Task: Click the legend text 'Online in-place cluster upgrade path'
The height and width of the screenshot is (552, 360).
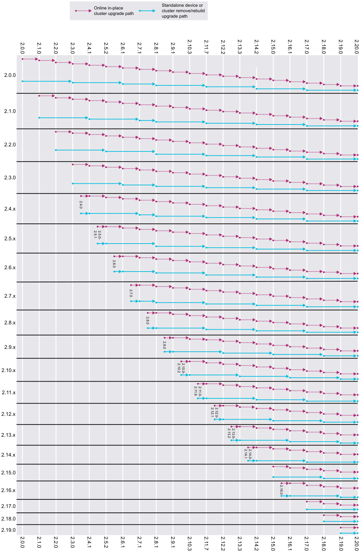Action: tap(114, 11)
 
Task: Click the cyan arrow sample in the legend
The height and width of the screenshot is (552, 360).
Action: tap(147, 11)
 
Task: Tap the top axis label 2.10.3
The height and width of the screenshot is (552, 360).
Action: tap(189, 47)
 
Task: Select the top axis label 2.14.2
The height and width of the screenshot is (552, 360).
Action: tap(256, 47)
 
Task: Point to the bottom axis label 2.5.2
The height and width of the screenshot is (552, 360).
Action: tap(106, 542)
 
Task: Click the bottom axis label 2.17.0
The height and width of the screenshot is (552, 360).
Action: tap(307, 542)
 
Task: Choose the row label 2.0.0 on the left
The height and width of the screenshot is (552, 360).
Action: tap(10, 75)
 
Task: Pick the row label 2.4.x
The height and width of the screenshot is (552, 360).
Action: tap(10, 209)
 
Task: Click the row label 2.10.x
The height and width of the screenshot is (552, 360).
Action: tap(9, 370)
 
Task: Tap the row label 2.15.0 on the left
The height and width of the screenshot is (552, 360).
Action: tap(9, 473)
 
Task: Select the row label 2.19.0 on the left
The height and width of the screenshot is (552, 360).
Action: tap(9, 530)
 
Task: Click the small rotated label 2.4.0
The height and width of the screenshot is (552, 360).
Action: tap(81, 204)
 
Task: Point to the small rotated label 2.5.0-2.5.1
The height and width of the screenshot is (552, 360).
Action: tap(97, 235)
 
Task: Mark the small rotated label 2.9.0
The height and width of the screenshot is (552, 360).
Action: tap(164, 345)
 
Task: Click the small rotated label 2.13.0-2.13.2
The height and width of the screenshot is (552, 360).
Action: tap(231, 433)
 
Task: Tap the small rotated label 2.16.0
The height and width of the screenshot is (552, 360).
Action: tap(281, 490)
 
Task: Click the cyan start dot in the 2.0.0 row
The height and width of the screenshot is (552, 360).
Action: tap(22, 81)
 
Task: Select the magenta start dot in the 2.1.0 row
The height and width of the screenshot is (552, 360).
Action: tap(39, 96)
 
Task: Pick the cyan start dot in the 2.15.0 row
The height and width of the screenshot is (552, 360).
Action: tap(273, 477)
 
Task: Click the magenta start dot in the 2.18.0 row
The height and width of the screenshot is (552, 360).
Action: tap(323, 515)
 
